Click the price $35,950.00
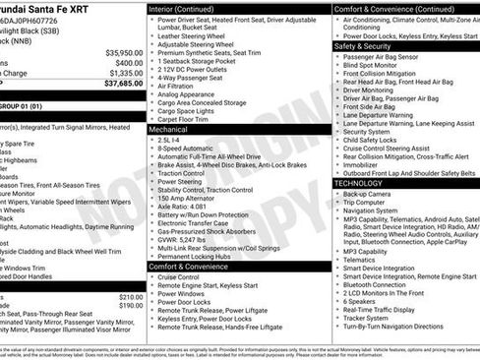pos(125,52)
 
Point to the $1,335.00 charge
pos(126,73)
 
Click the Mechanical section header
pos(169,129)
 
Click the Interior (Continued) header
pos(182,8)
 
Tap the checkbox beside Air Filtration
pos(152,85)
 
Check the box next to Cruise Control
pos(152,277)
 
